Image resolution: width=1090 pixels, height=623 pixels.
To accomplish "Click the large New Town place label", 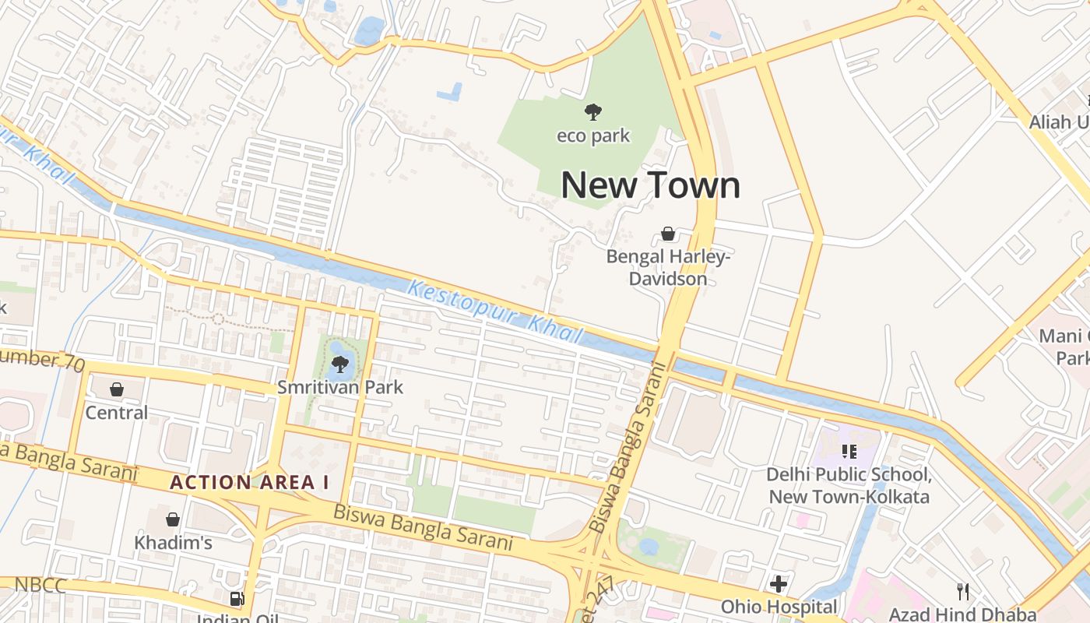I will (650, 185).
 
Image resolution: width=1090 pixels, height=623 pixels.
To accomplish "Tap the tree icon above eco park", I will (593, 112).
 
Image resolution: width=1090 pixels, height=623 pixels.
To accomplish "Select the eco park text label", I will (593, 136).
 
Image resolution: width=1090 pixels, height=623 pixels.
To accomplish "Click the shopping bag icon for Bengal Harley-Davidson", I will (667, 233).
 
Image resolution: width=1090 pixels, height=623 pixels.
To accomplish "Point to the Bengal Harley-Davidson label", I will (668, 267).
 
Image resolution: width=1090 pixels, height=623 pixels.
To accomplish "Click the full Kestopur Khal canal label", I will (495, 312).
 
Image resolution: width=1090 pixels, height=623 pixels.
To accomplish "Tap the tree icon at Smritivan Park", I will (339, 364).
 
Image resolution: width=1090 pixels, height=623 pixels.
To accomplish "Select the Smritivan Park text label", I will (340, 387).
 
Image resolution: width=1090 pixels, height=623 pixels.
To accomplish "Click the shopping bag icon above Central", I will (116, 389).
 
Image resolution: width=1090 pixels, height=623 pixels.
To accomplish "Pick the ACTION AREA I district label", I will (249, 482).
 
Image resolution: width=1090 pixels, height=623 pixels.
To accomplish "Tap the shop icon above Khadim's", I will (173, 519).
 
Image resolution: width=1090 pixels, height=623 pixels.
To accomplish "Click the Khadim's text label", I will (173, 542).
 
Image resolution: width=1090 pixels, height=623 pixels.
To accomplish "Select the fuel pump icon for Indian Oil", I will (236, 599).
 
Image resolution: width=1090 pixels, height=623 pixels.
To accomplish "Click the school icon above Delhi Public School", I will (849, 451).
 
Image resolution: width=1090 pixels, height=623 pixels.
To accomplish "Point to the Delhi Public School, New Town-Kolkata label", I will (849, 485).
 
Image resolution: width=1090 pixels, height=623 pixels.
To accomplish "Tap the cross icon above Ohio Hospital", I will (778, 583).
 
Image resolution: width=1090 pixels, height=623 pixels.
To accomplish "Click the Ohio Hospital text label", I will (779, 607).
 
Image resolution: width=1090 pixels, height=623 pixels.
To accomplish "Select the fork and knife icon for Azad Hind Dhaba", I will (963, 592).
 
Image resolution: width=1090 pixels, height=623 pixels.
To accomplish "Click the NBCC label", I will (40, 585).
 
